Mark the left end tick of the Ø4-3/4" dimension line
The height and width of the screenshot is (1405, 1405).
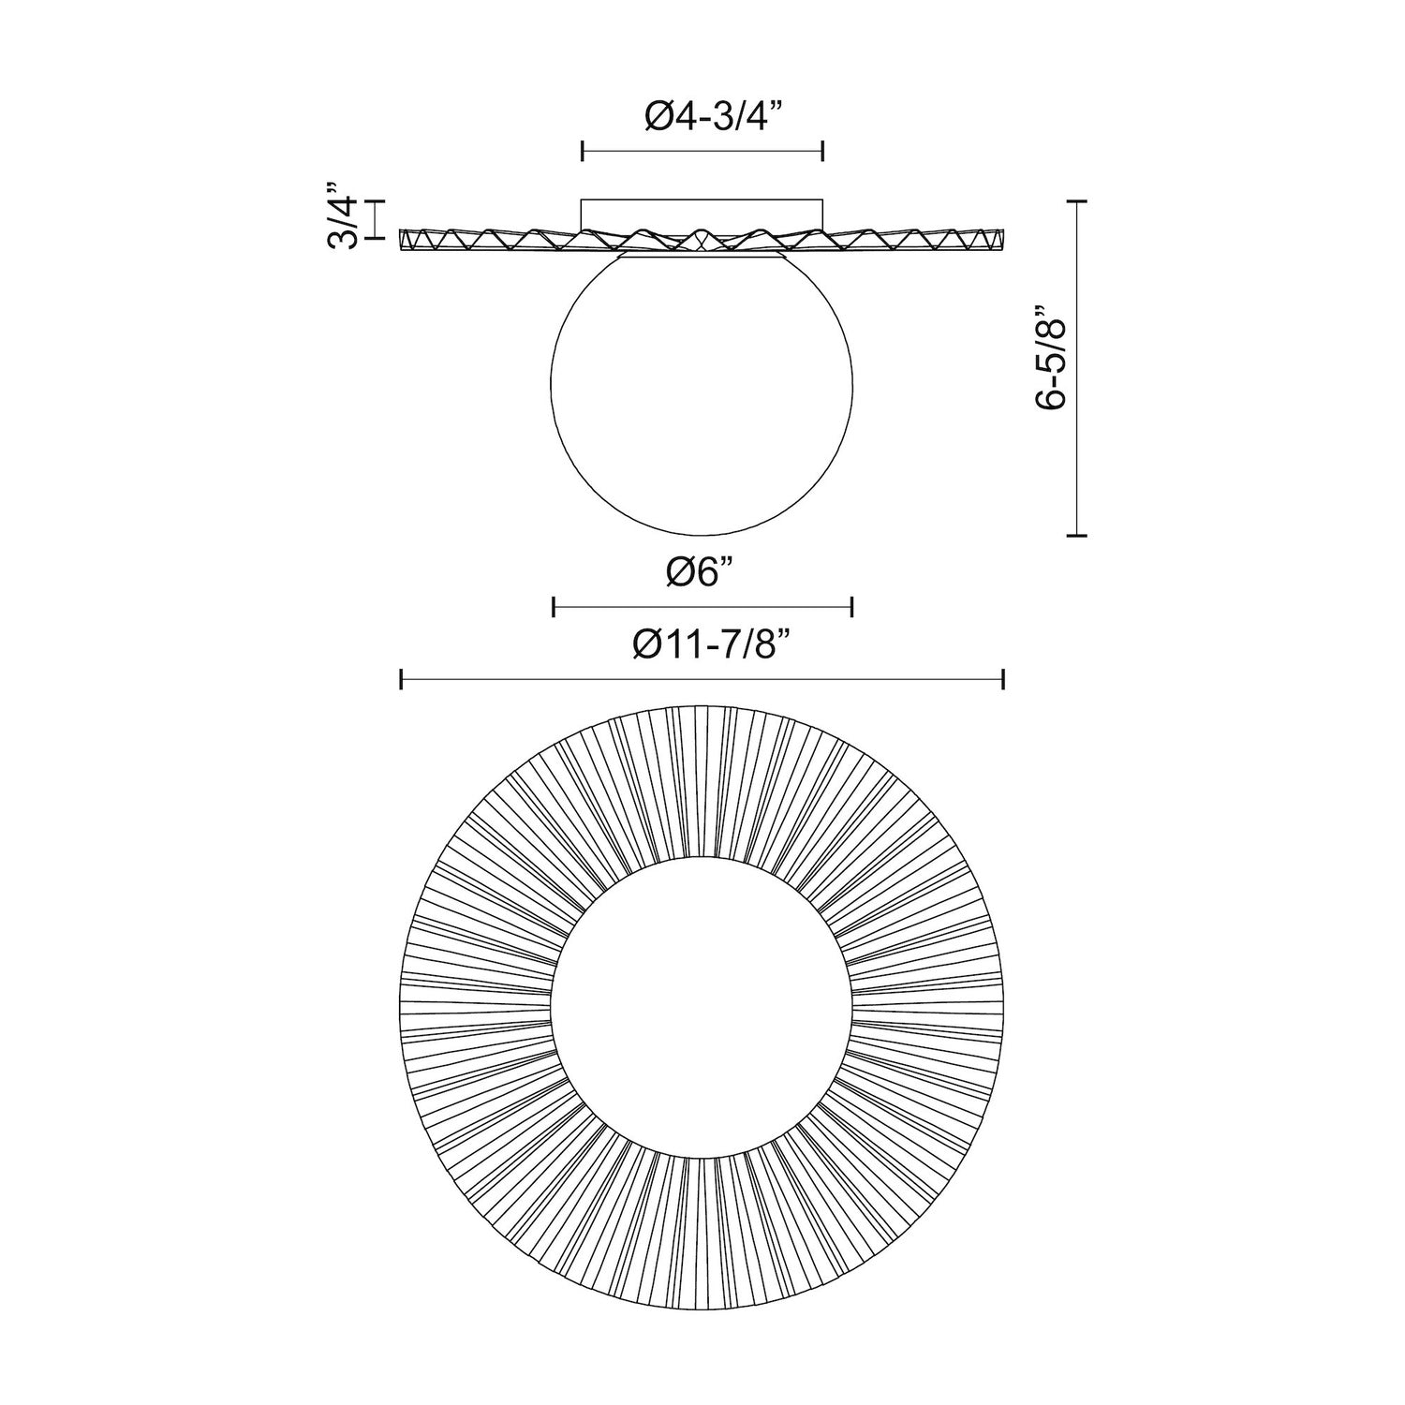583,151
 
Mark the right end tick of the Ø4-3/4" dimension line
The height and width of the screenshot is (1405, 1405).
822,151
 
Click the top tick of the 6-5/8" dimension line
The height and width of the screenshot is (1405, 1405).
1077,201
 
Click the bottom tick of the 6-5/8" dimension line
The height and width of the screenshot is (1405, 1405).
1077,535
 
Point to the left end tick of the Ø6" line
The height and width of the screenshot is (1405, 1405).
554,607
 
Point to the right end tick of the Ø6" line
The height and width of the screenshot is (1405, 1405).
851,607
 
